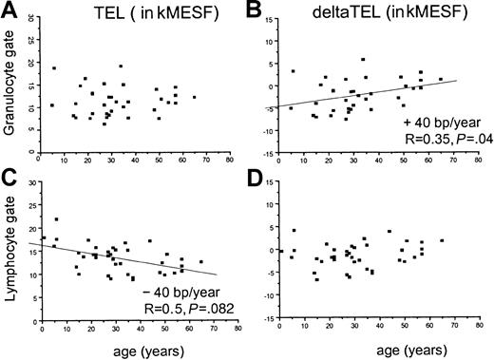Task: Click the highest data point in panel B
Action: [363, 59]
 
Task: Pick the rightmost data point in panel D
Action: [442, 240]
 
